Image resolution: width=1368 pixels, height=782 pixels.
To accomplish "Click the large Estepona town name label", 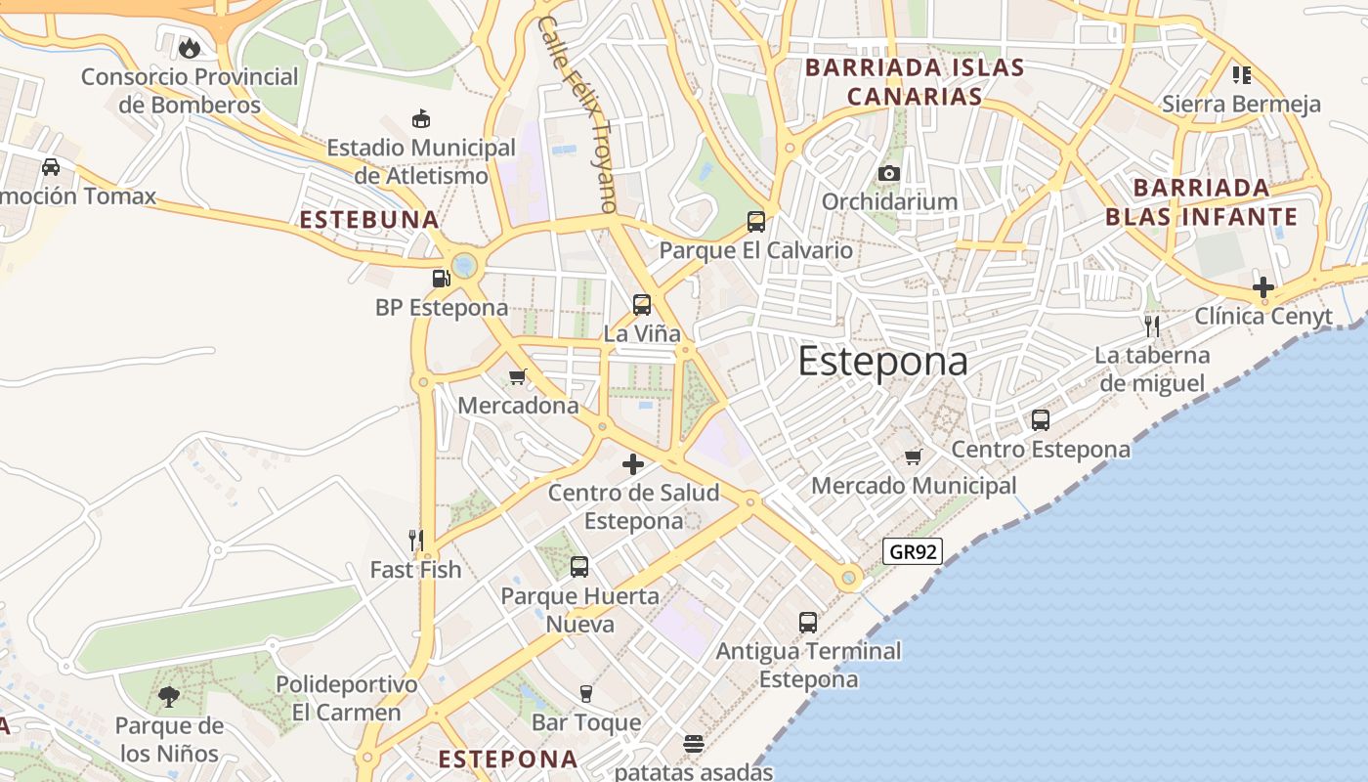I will pos(882,362).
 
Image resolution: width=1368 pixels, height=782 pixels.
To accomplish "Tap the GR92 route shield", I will pos(914,551).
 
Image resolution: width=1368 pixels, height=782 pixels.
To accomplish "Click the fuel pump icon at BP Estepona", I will pos(442,279).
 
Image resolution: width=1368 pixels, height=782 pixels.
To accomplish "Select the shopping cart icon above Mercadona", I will pos(518,376).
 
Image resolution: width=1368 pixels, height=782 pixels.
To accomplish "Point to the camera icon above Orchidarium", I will pos(888,173).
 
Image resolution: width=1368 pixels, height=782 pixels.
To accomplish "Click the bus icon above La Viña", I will pos(642,304).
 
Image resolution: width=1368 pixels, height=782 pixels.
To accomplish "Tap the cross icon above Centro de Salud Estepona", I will pos(633,464).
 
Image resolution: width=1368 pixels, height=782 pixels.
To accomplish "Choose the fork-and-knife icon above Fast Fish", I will pos(415,540).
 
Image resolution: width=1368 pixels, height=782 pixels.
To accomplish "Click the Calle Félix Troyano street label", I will pos(578,113).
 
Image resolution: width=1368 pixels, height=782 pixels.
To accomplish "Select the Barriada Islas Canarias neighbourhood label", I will pos(915,82).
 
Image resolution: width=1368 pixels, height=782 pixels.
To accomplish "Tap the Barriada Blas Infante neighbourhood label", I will pos(1202,201).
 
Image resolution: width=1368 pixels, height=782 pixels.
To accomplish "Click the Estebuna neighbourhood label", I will pos(369,220).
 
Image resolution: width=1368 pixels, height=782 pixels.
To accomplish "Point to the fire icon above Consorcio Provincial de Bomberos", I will pos(190,47).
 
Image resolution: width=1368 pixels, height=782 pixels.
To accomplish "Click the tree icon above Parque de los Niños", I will pos(169,697).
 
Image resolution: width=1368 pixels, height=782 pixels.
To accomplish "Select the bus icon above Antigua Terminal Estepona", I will pos(808,622).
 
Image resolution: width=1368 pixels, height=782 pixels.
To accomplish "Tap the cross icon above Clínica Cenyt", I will pos(1263,287).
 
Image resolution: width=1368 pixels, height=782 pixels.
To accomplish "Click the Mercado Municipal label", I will pos(914,486).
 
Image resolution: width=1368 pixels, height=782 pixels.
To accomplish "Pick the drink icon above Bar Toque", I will pos(586,694).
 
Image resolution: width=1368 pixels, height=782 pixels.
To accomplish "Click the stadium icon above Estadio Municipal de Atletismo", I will pos(421,119).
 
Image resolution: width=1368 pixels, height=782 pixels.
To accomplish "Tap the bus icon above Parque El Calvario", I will pos(756,221).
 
